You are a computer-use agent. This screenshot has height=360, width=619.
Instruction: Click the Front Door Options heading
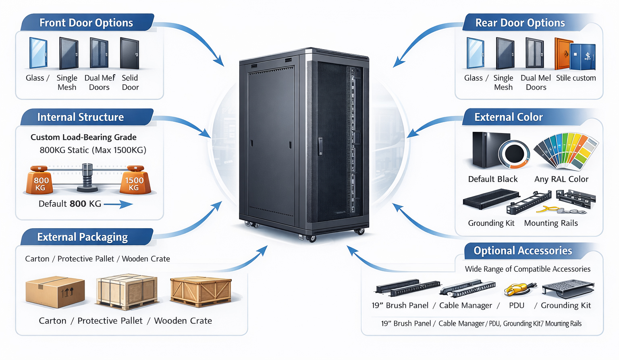tap(86, 23)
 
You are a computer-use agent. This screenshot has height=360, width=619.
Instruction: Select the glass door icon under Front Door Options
tap(38, 53)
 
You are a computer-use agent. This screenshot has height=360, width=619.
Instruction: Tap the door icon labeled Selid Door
tap(129, 53)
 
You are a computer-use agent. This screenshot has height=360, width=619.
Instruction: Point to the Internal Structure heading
tap(81, 117)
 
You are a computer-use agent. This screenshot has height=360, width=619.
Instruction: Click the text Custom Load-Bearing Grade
tap(83, 137)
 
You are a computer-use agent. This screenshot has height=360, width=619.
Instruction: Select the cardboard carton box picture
tap(55, 291)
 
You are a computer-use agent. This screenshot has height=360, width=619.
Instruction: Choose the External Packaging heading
tap(83, 237)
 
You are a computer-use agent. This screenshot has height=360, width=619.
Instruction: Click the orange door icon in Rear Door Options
tap(563, 54)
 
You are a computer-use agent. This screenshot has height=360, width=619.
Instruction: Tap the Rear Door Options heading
tap(520, 23)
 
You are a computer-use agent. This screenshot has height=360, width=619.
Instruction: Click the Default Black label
tap(493, 179)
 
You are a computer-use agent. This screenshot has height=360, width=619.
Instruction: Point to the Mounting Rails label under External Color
tap(551, 223)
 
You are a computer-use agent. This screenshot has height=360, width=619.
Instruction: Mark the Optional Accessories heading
tap(523, 251)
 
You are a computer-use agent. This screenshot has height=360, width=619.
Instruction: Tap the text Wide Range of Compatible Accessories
tap(528, 269)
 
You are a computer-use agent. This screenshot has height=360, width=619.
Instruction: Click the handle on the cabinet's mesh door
tap(320, 146)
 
